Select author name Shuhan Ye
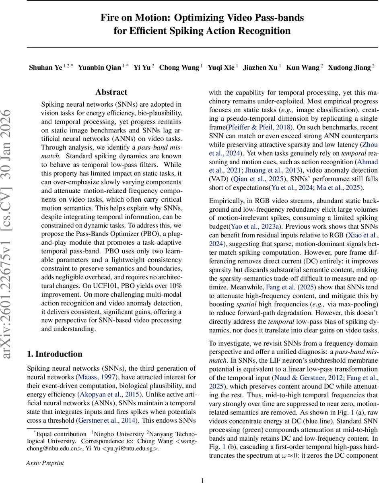pos(45,67)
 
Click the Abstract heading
pos(111,92)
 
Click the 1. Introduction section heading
pos(54,354)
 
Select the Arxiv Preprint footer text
pos(45,463)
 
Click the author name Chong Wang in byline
pos(179,67)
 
